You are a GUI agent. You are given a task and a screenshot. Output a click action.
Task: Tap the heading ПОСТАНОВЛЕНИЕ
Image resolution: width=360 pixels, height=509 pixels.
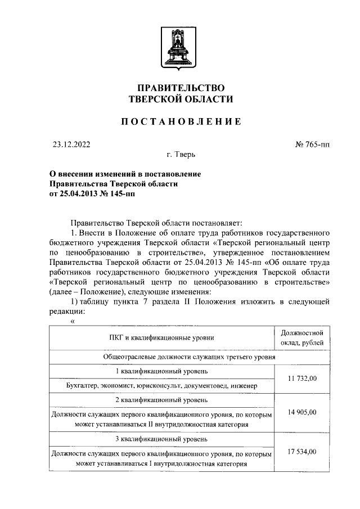(x=181, y=121)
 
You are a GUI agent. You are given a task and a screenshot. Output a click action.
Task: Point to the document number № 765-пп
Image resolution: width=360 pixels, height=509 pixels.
(x=312, y=145)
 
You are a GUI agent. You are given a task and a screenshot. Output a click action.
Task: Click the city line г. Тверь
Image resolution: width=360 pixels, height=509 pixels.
(x=181, y=154)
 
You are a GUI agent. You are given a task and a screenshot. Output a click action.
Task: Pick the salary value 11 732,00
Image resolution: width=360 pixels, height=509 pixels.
(x=302, y=379)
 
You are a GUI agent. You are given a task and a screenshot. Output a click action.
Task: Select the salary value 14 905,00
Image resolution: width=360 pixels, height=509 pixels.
(x=302, y=412)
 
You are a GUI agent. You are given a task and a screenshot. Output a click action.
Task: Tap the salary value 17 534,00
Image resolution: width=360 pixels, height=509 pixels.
(x=302, y=452)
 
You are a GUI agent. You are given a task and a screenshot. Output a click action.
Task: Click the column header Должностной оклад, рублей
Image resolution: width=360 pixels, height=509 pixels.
(x=302, y=337)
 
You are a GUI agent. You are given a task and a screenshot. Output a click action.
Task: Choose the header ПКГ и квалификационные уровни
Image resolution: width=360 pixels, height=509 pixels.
(x=161, y=337)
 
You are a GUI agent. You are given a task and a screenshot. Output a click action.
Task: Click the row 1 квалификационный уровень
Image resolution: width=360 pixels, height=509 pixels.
(x=161, y=372)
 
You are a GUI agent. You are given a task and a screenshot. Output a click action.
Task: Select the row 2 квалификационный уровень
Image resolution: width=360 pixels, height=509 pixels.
(x=161, y=400)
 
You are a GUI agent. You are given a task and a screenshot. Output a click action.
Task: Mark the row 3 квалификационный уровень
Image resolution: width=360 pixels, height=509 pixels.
(x=161, y=439)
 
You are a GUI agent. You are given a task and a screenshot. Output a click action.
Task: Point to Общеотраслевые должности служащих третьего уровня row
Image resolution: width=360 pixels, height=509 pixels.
(x=189, y=357)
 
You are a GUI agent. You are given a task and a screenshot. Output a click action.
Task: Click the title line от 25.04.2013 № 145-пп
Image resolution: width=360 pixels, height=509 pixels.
(x=92, y=194)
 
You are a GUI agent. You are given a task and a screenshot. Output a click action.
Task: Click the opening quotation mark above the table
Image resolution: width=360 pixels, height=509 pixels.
(x=73, y=321)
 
